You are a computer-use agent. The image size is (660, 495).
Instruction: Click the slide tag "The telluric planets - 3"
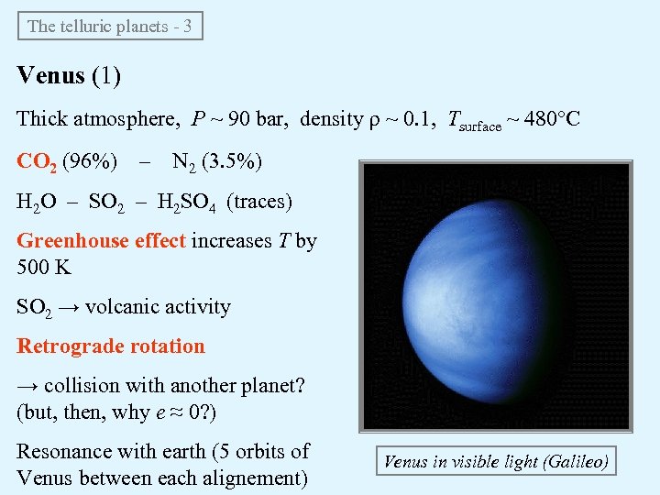tap(110, 26)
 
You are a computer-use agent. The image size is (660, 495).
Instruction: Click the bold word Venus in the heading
tap(51, 75)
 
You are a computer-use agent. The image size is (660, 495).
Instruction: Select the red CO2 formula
tap(37, 162)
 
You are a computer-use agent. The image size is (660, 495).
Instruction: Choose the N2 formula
tap(184, 163)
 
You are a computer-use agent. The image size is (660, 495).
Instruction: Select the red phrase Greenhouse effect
tap(101, 241)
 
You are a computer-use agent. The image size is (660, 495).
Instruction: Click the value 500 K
tap(44, 267)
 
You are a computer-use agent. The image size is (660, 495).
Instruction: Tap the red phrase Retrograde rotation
tap(111, 346)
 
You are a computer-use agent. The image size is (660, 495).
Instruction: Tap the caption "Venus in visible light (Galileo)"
tap(495, 461)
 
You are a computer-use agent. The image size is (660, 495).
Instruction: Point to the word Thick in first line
tap(41, 119)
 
